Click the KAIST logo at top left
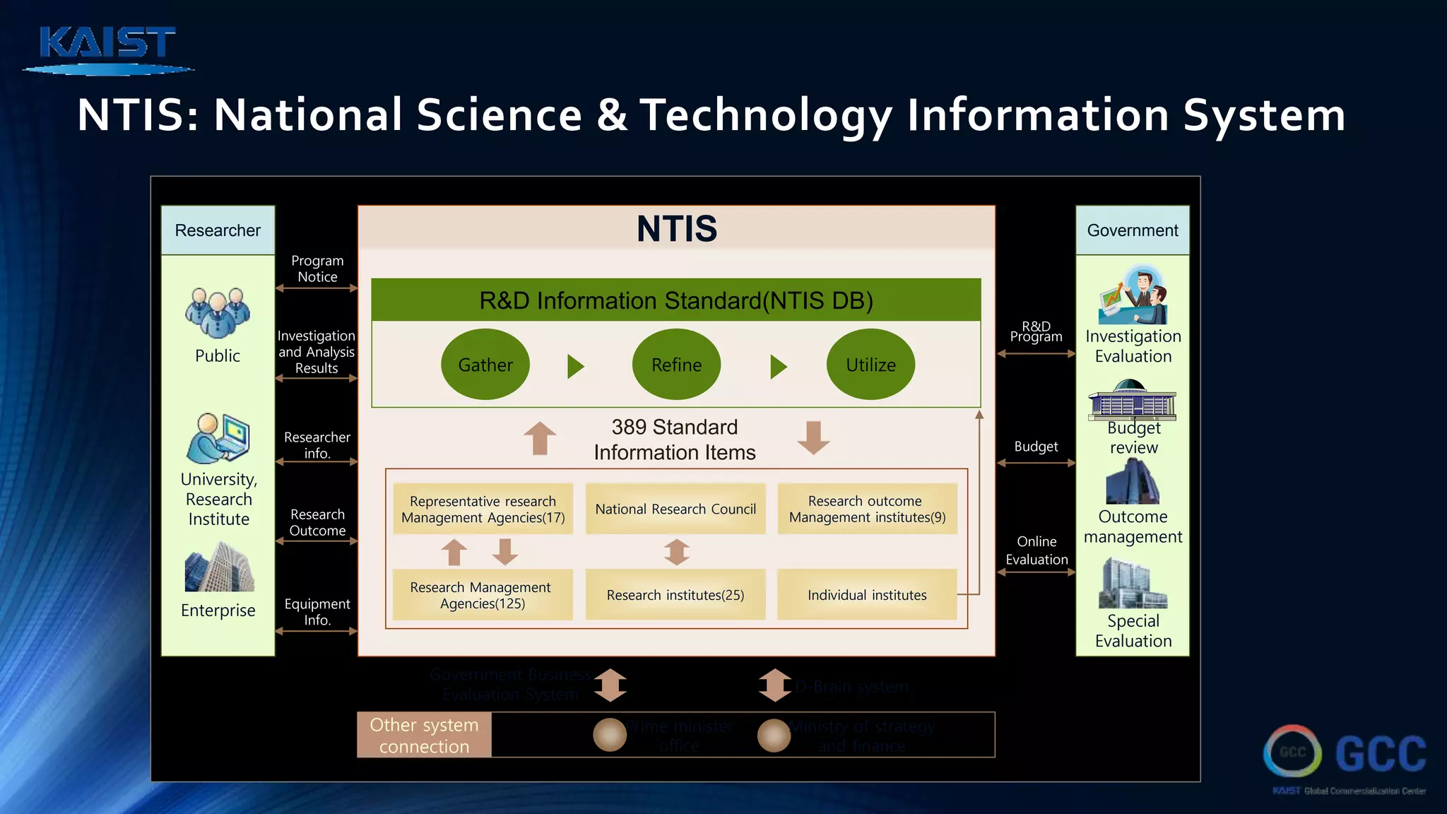[107, 48]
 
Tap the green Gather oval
[485, 365]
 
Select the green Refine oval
[676, 365]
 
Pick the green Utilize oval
[870, 365]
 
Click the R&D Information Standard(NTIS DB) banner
[676, 300]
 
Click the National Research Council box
[675, 509]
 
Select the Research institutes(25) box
[675, 595]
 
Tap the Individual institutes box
[867, 595]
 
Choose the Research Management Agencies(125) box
[483, 595]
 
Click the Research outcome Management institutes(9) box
[867, 509]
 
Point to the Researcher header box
[218, 230]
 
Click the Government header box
[1133, 230]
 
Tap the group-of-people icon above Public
[218, 312]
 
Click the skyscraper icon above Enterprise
[219, 567]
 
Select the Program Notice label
[317, 269]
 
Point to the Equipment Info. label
[317, 611]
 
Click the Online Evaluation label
[1036, 550]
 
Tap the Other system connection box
[424, 735]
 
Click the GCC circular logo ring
[1292, 752]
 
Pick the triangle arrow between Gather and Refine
[575, 366]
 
